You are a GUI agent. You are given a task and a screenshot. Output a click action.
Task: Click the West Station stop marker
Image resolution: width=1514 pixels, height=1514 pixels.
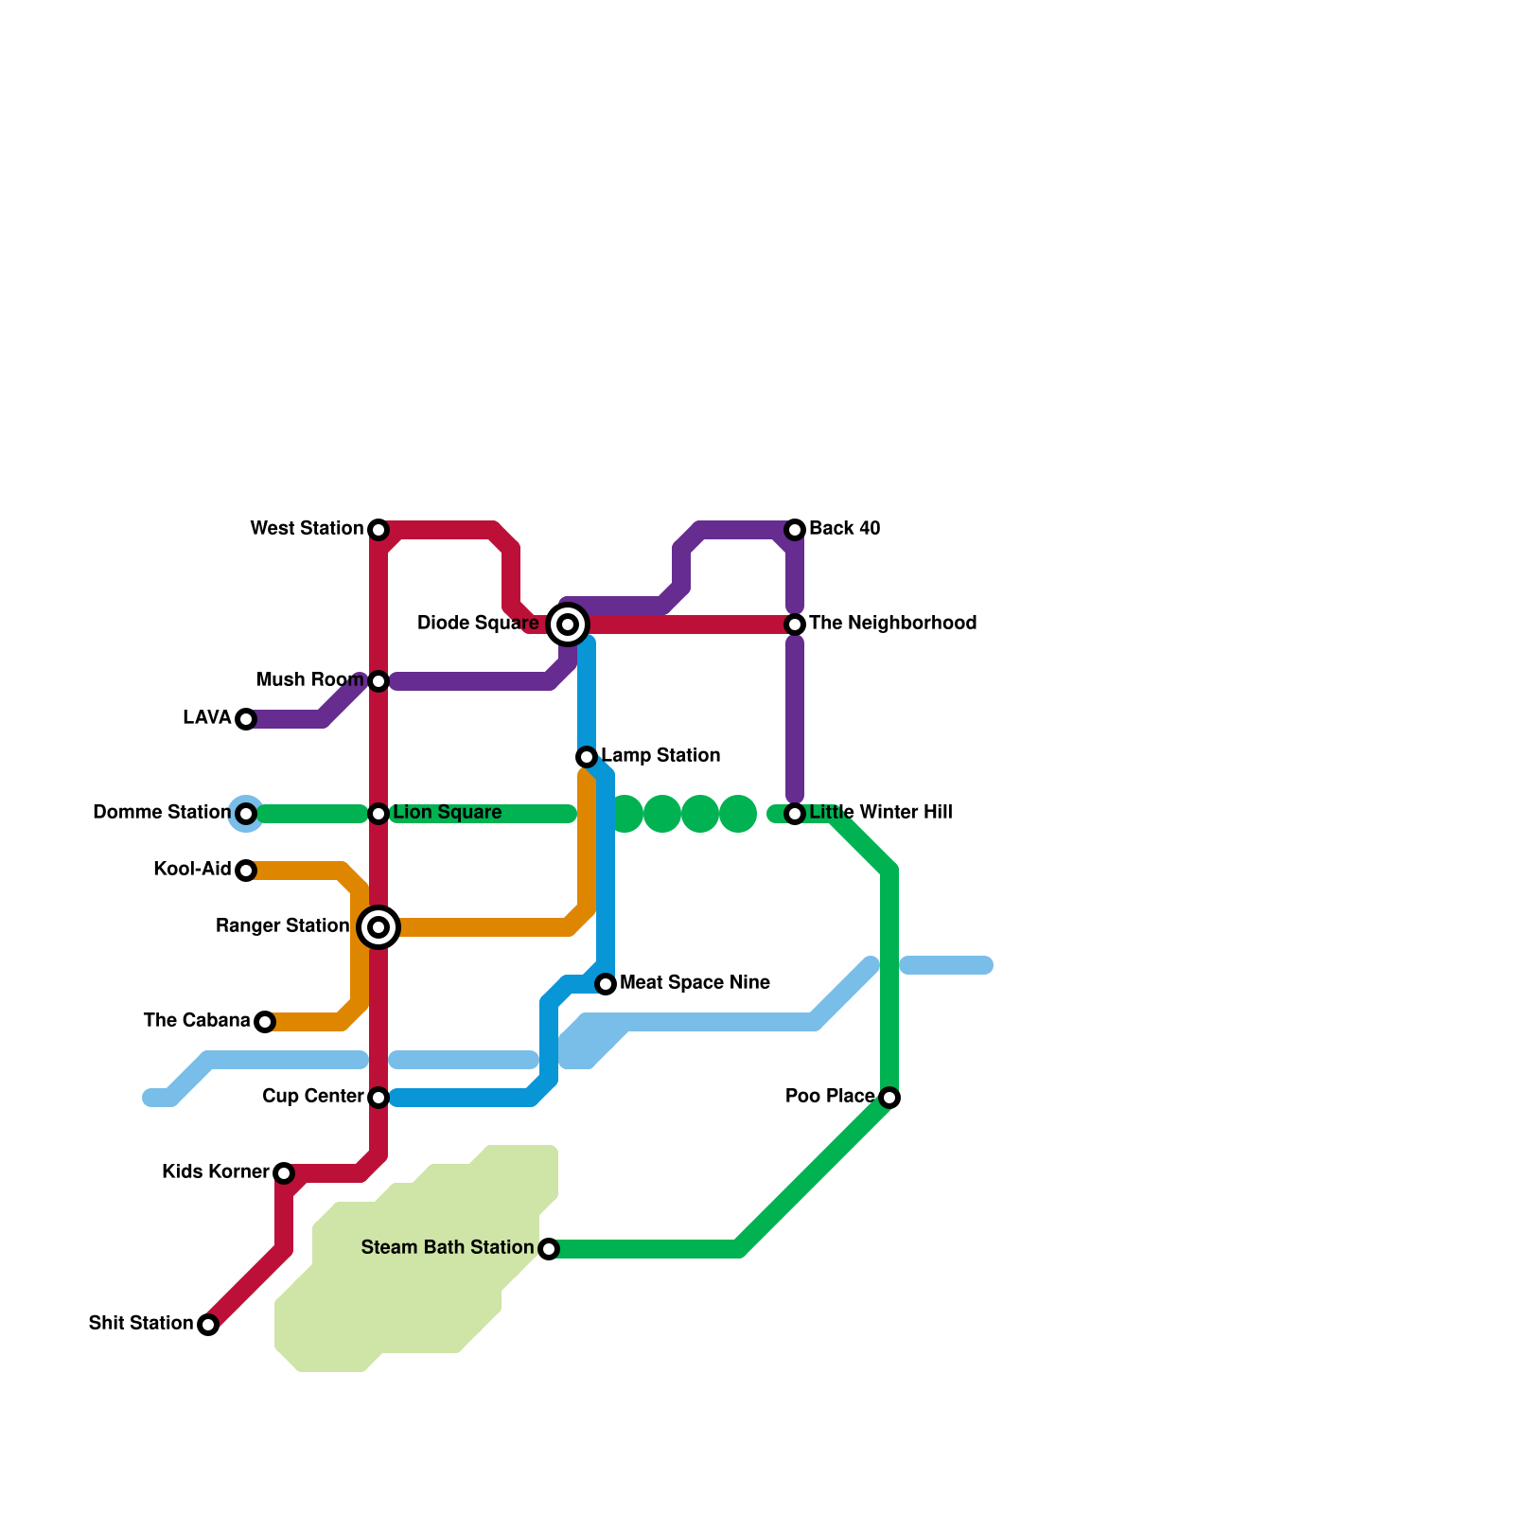[378, 530]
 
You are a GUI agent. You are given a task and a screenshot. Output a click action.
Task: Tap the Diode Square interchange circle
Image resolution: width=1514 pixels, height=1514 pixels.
[568, 625]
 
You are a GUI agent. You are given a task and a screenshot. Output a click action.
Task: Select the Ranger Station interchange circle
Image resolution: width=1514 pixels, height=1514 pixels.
[378, 927]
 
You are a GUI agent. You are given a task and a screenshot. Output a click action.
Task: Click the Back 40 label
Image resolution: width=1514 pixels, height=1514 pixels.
[844, 529]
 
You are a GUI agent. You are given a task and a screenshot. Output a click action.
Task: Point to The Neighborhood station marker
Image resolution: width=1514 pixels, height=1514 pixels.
[795, 625]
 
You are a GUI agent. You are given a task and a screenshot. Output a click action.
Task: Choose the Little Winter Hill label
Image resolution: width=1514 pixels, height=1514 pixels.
[880, 813]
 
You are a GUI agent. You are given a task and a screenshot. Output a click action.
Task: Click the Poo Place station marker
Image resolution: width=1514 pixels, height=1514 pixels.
[889, 1098]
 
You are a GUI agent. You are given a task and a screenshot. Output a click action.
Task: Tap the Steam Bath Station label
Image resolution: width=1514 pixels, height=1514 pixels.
[447, 1248]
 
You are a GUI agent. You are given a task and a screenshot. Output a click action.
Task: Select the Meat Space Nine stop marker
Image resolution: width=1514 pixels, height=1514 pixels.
[606, 984]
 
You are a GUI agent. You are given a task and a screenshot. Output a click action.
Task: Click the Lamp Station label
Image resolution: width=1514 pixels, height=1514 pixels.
[660, 756]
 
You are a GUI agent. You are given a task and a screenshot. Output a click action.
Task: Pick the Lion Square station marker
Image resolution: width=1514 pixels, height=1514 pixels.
[378, 814]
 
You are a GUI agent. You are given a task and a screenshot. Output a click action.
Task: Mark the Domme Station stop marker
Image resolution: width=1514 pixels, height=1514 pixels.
[246, 814]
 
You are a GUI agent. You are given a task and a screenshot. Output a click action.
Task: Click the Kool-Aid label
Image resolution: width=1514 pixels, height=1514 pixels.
[192, 870]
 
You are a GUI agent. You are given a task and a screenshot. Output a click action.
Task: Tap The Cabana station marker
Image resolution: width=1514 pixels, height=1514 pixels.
[265, 1022]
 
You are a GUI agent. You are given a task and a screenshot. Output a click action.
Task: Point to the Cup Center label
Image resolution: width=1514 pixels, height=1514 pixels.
[312, 1097]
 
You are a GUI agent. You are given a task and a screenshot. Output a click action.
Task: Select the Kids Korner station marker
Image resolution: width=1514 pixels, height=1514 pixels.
[284, 1173]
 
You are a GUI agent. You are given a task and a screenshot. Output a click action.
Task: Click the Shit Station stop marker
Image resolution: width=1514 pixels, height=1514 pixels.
[208, 1325]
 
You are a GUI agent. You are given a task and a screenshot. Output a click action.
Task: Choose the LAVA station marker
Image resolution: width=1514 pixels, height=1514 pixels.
[246, 719]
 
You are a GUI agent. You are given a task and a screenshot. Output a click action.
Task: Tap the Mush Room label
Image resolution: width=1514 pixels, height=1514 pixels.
[309, 680]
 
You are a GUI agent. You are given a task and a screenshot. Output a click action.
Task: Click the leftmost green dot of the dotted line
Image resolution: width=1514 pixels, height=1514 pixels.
[625, 814]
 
